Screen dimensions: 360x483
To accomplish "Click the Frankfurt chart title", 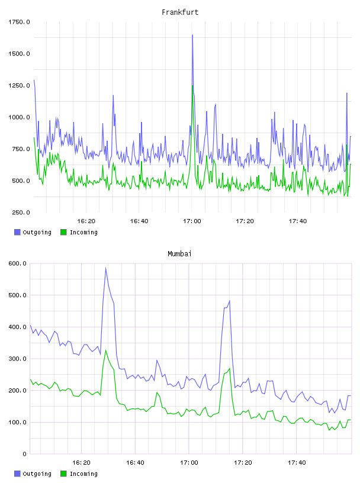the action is pyautogui.click(x=180, y=12).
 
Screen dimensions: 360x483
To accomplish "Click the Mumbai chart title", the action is pyautogui.click(x=179, y=254).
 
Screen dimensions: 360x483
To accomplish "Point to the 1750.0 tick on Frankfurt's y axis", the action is pyautogui.click(x=19, y=22).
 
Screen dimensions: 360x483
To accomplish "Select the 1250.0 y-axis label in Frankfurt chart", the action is pyautogui.click(x=19, y=85).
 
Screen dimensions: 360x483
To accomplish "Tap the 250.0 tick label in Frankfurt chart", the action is pyautogui.click(x=21, y=212).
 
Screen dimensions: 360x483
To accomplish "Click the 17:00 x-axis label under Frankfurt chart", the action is pyautogui.click(x=192, y=221).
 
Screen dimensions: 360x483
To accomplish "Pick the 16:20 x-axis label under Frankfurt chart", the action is pyautogui.click(x=86, y=221).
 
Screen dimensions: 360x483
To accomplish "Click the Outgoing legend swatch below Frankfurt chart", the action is pyautogui.click(x=17, y=232).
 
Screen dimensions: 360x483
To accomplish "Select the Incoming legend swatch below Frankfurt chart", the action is pyautogui.click(x=63, y=232).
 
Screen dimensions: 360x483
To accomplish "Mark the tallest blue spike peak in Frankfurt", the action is pyautogui.click(x=192, y=35).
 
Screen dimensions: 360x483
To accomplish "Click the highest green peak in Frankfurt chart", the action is pyautogui.click(x=192, y=86).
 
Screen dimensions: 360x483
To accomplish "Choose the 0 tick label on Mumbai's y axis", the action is pyautogui.click(x=24, y=454).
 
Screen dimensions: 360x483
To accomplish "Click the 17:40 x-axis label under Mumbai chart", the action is pyautogui.click(x=297, y=463).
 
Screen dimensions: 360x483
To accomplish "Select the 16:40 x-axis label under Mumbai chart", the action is pyautogui.click(x=135, y=463).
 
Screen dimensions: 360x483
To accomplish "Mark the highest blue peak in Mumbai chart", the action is pyautogui.click(x=106, y=268).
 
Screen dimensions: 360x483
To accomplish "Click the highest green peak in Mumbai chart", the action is pyautogui.click(x=106, y=350).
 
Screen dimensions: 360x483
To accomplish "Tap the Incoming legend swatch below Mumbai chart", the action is pyautogui.click(x=63, y=474).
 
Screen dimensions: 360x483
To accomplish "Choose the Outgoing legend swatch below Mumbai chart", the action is pyautogui.click(x=17, y=474).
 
